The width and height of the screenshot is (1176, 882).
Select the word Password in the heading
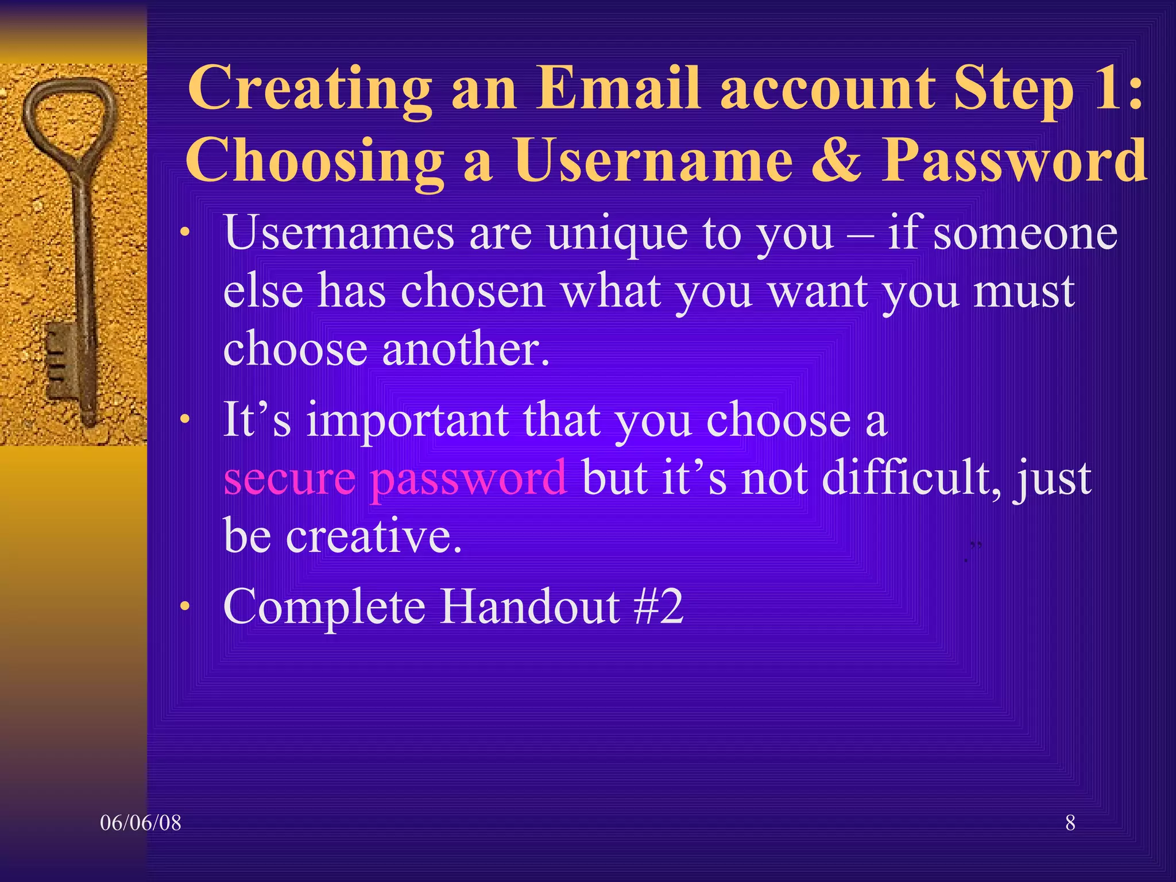[1014, 160]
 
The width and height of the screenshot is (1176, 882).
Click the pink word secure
[289, 478]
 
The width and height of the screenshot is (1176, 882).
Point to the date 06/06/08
[141, 823]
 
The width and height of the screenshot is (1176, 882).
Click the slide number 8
[1070, 823]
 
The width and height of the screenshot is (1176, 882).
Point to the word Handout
[530, 606]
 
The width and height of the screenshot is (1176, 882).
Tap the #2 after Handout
[658, 606]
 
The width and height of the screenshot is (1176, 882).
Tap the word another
[466, 350]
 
